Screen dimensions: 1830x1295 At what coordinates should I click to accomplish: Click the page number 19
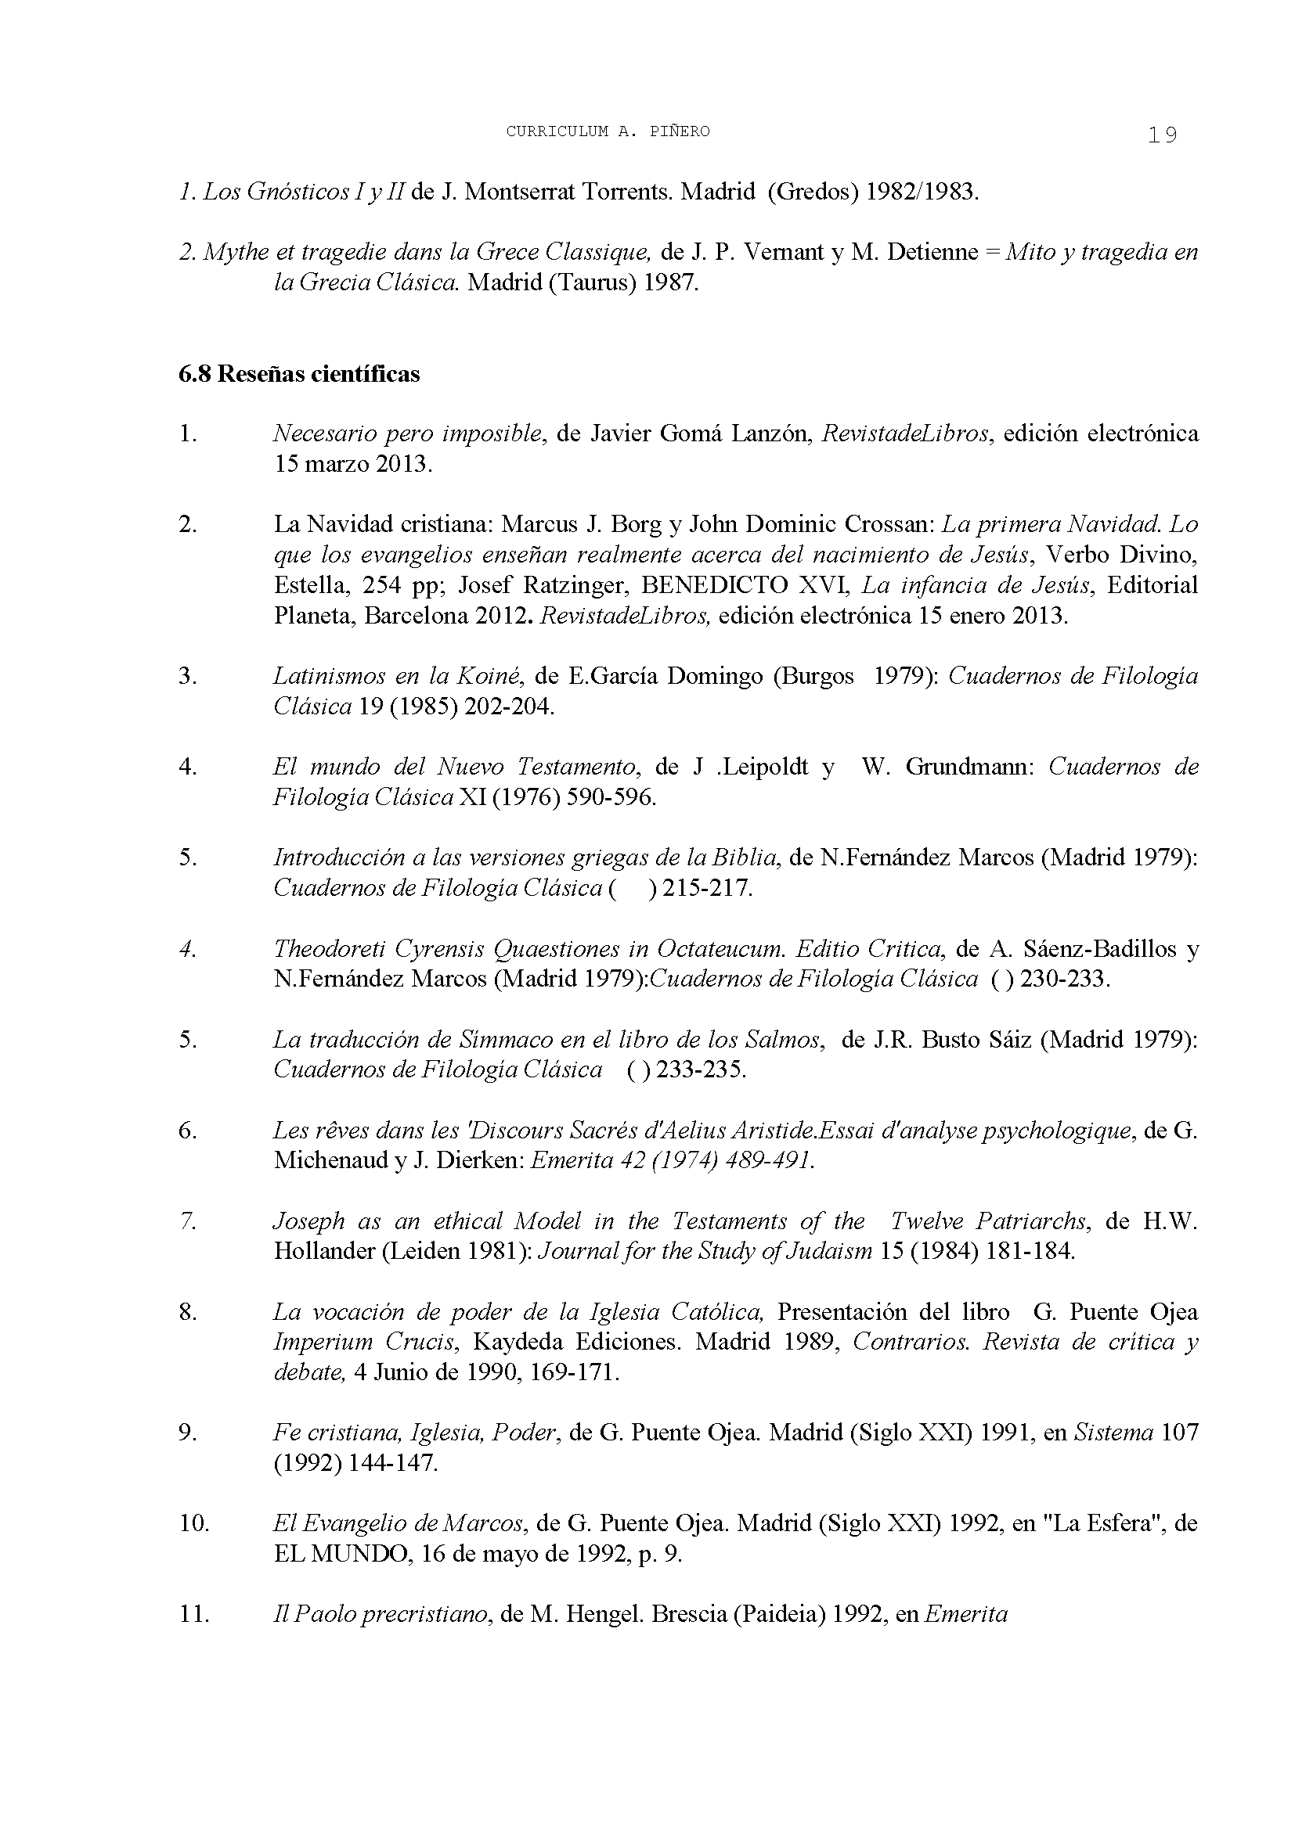click(x=1162, y=135)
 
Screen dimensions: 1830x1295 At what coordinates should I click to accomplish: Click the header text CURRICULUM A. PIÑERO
click(x=608, y=132)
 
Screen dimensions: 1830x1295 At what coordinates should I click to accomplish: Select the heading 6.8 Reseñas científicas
click(x=299, y=374)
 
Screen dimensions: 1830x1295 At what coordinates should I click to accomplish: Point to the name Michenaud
click(x=330, y=1160)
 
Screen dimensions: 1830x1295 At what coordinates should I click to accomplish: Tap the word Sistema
click(x=1114, y=1433)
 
